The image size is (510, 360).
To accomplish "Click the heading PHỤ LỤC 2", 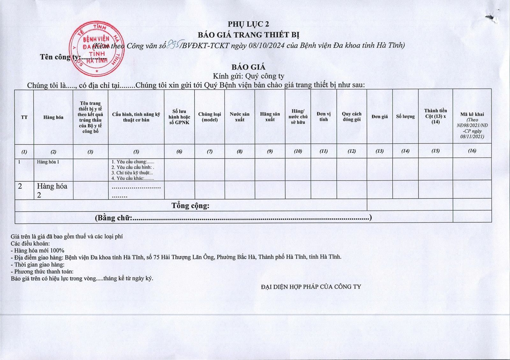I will point(248,24).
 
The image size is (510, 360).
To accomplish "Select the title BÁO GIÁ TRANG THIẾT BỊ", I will point(248,34).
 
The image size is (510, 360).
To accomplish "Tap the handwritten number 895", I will point(174,45).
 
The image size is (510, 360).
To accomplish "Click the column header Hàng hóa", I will point(53,117).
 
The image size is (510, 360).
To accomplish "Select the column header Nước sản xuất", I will point(239,117).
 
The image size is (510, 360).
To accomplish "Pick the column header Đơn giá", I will point(379,117).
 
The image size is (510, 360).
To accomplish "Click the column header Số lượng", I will point(405,117).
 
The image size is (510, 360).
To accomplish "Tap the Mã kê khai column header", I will point(472,114).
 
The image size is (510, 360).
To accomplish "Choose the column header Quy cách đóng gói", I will point(352,117).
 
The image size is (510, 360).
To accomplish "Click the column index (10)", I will point(298,151).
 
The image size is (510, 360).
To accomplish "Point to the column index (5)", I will point(136,152).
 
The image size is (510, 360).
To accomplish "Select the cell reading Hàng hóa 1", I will point(48,162).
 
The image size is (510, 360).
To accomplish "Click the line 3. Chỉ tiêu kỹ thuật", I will point(132,173).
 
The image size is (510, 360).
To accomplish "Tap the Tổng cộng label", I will point(190,206).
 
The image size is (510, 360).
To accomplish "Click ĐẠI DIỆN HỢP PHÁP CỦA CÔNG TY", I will point(311,287).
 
